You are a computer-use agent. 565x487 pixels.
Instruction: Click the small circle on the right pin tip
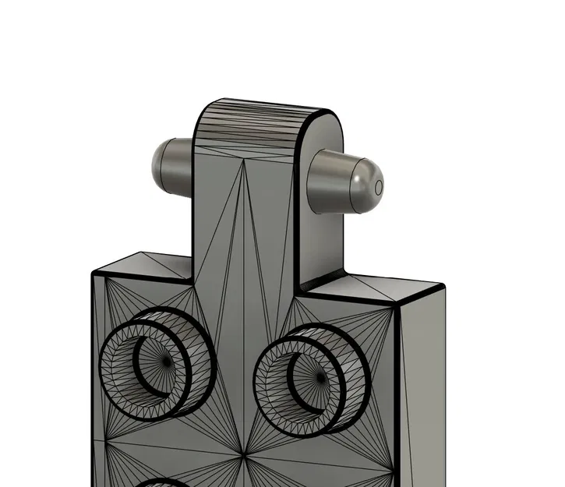click(379, 188)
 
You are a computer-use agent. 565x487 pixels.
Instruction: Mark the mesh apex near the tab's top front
click(243, 161)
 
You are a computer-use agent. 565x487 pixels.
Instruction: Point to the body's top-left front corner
click(92, 273)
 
